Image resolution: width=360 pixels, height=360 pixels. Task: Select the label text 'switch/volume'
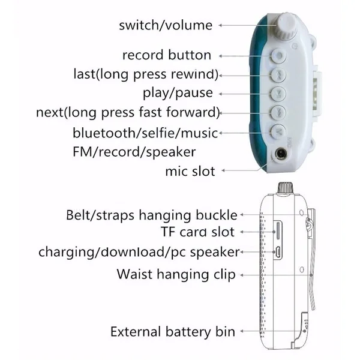(166, 25)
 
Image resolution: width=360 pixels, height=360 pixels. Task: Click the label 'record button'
(167, 55)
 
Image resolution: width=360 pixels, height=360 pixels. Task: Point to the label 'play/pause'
(178, 93)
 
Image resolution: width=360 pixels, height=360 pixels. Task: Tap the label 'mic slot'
(190, 171)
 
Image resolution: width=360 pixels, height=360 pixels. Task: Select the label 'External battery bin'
(173, 331)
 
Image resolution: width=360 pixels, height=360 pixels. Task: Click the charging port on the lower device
(280, 251)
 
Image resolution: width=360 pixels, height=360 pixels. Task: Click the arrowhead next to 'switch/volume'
(221, 25)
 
